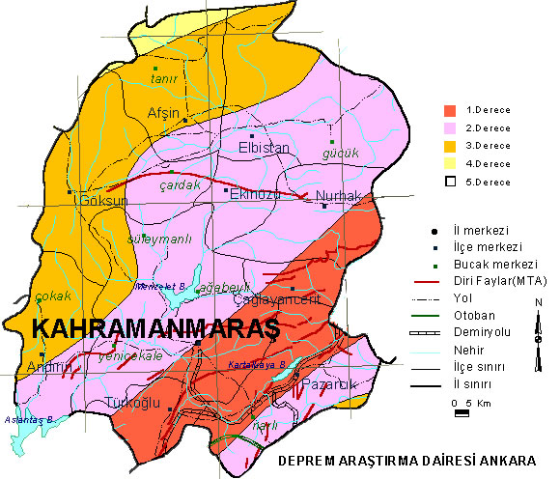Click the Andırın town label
click(x=50, y=367)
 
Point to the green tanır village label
click(x=161, y=79)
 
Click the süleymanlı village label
click(x=154, y=239)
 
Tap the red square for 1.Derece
click(x=449, y=110)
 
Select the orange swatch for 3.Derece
click(x=449, y=145)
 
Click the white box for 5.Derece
click(x=449, y=181)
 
